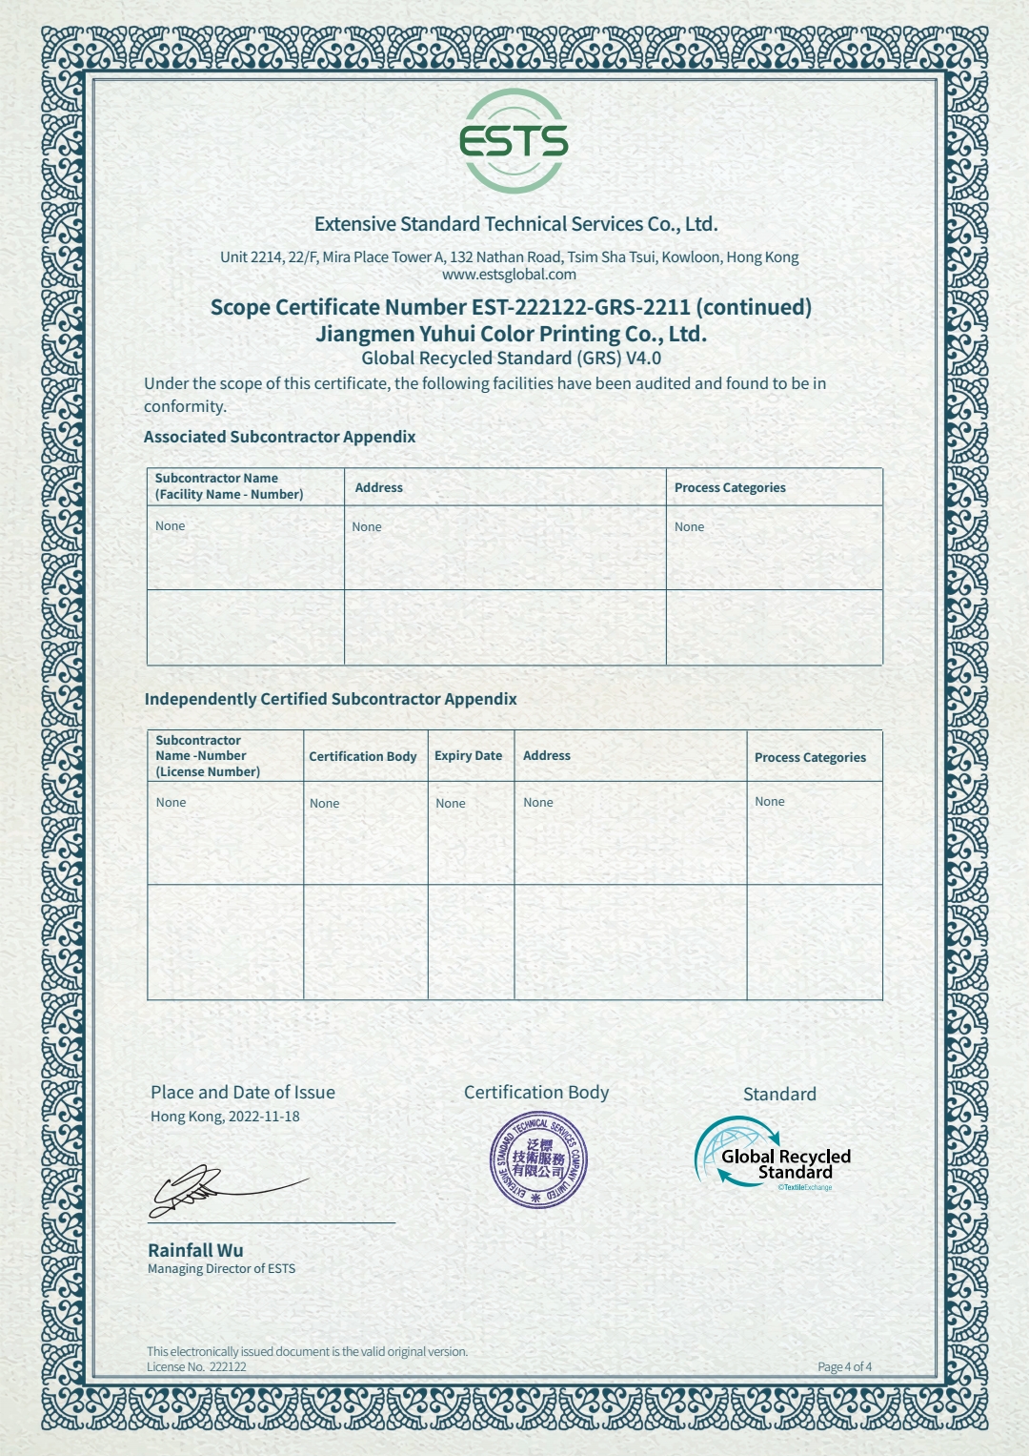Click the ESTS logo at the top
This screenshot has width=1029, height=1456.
tap(514, 141)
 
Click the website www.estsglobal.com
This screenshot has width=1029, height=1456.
tap(509, 275)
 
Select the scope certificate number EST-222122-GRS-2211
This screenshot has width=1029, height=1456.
tap(580, 307)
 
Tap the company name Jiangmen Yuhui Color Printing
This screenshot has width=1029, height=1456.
tap(511, 334)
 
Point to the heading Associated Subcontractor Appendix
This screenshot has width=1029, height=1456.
tap(279, 437)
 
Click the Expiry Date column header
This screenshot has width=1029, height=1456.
tap(468, 755)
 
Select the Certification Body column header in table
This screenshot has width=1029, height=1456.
tap(363, 756)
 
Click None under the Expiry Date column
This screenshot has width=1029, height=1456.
tap(451, 803)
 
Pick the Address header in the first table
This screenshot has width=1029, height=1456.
tap(379, 487)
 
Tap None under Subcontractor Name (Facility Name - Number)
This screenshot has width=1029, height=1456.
tap(171, 525)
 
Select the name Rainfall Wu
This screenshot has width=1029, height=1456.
tap(195, 1250)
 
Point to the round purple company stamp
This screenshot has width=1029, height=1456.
tap(538, 1160)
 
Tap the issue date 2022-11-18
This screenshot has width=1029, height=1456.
tap(264, 1117)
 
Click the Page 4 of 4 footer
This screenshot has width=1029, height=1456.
tap(844, 1366)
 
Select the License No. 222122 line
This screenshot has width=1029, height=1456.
tap(196, 1366)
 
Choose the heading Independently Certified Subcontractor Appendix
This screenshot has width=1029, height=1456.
tap(331, 699)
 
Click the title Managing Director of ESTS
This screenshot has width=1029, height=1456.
tap(221, 1269)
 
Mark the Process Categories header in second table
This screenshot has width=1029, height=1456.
tap(810, 757)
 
